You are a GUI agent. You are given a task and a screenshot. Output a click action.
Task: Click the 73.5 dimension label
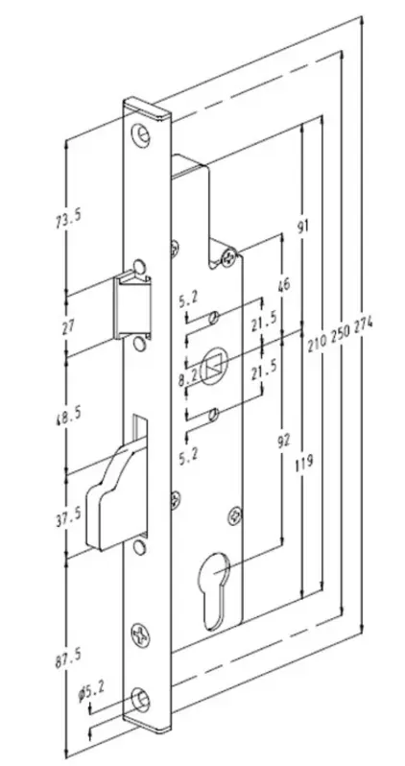pyautogui.click(x=69, y=217)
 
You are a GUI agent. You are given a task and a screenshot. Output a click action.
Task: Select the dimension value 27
pyautogui.click(x=68, y=325)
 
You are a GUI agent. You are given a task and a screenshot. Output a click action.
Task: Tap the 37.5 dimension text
pyautogui.click(x=69, y=515)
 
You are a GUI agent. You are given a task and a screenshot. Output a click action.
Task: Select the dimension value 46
pyautogui.click(x=281, y=284)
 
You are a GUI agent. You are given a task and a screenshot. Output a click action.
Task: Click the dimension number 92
pyautogui.click(x=284, y=439)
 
